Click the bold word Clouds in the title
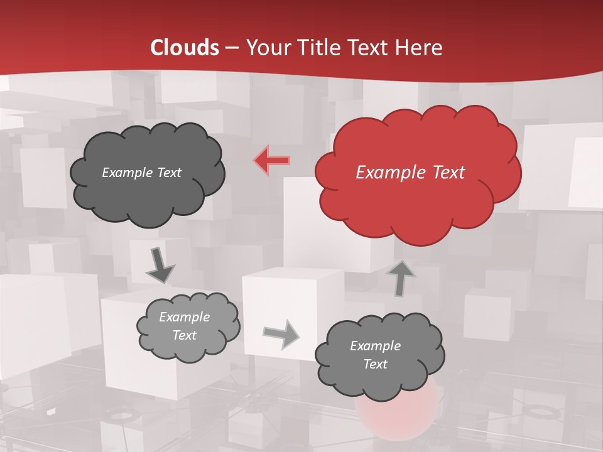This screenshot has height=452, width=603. pos(185,48)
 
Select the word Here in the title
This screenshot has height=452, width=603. pos(421,48)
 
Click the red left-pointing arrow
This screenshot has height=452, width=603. pos(271,160)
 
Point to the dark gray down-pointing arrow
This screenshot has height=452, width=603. pos(160,266)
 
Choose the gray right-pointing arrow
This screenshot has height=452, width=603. pos(281,334)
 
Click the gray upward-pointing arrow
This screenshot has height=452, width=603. pos(401,278)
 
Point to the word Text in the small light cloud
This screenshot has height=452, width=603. pos(185,335)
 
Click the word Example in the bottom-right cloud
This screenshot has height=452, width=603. pos(375,346)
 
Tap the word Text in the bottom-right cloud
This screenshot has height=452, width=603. pos(375,364)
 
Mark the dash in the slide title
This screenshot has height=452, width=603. pos(232,48)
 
